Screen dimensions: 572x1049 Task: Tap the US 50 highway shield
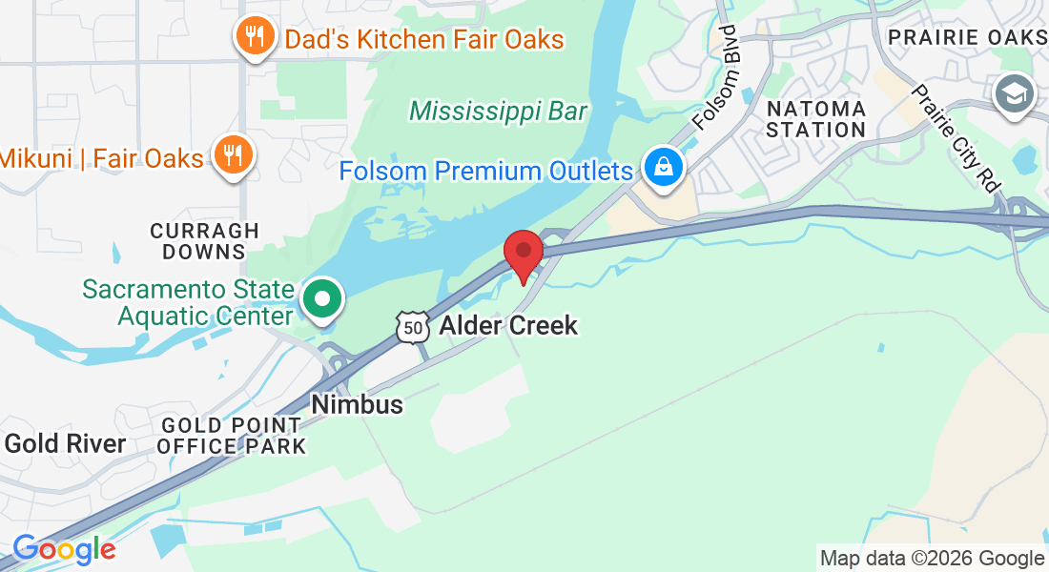pyautogui.click(x=411, y=326)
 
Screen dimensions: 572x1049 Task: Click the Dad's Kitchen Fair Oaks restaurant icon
pyautogui.click(x=253, y=37)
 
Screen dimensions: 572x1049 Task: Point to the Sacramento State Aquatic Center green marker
pyautogui.click(x=322, y=299)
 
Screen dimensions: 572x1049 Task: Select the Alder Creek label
pyautogui.click(x=508, y=326)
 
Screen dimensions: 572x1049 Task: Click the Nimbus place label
pyautogui.click(x=357, y=404)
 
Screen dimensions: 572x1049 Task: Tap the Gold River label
pyautogui.click(x=65, y=443)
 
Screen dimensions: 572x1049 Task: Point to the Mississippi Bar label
pyautogui.click(x=498, y=112)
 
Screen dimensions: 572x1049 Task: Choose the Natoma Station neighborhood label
pyautogui.click(x=815, y=119)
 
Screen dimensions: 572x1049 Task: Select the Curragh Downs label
pyautogui.click(x=204, y=241)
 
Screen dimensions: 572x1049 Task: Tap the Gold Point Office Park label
pyautogui.click(x=233, y=436)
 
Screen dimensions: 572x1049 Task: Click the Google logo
pyautogui.click(x=64, y=549)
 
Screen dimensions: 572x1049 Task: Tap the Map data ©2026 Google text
pyautogui.click(x=932, y=559)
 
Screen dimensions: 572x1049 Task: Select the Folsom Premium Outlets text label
pyautogui.click(x=486, y=172)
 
